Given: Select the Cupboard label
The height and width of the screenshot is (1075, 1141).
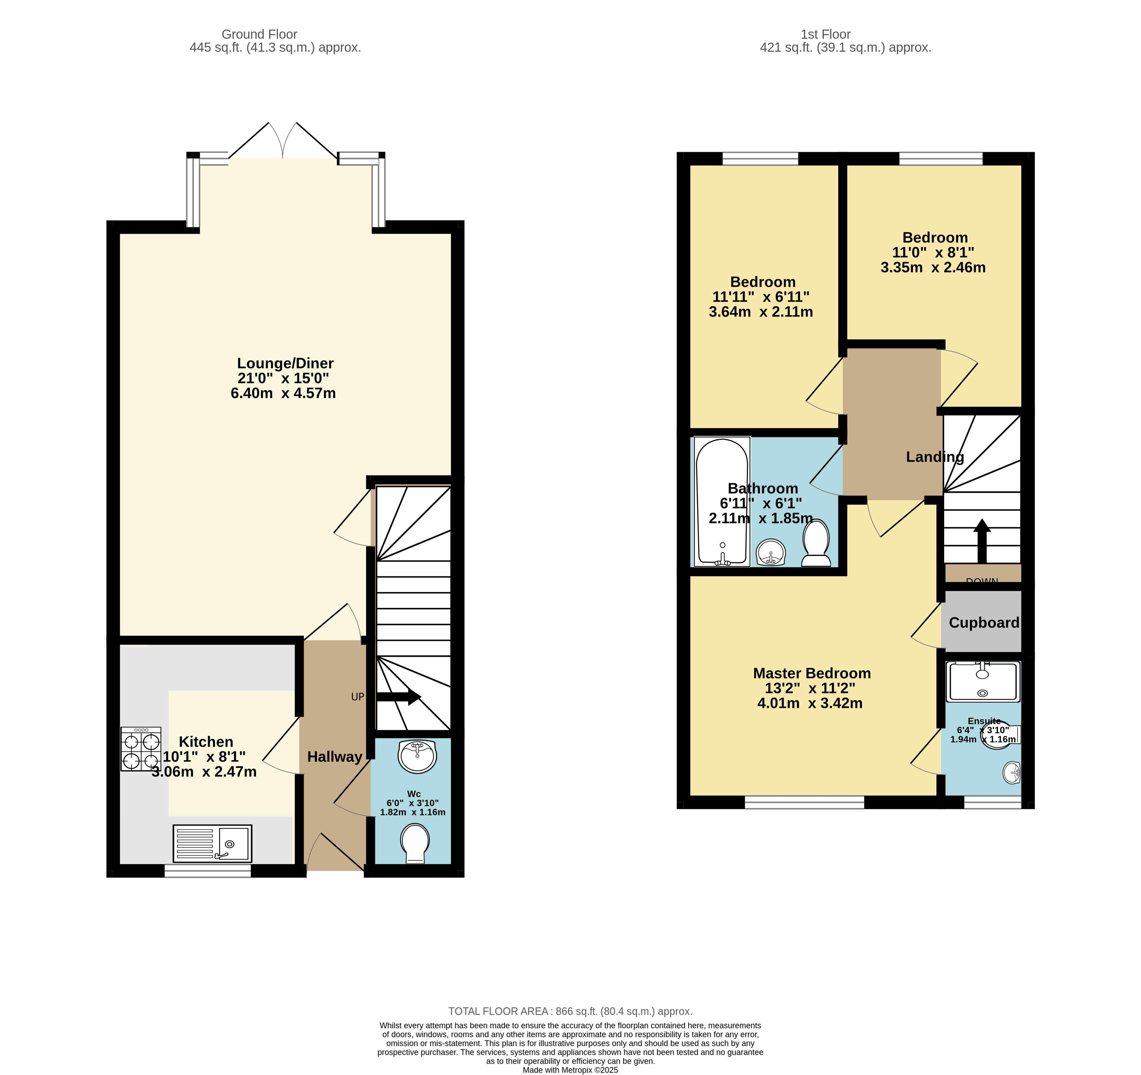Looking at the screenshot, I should click(x=984, y=623).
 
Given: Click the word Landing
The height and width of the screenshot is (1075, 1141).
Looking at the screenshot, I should click(x=934, y=457).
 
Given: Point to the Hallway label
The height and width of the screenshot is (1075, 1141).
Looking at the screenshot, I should click(x=334, y=757).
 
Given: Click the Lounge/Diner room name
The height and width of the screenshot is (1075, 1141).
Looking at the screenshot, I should click(x=285, y=363).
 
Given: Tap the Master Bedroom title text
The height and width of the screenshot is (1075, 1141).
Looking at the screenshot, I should click(x=811, y=673).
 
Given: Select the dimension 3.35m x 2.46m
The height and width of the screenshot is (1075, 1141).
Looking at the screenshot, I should click(x=933, y=267).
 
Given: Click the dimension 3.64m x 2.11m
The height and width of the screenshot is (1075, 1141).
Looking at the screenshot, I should click(x=760, y=312).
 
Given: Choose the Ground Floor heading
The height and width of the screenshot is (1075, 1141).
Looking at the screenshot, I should click(x=259, y=34).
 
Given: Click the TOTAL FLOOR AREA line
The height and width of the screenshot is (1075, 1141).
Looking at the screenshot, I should click(x=570, y=1011).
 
